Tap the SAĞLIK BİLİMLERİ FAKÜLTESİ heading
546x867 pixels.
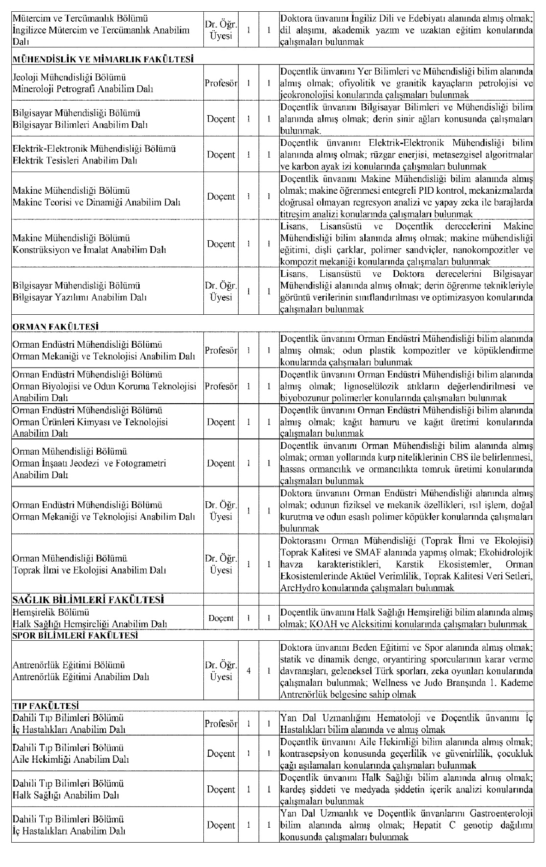pyautogui.click(x=88, y=600)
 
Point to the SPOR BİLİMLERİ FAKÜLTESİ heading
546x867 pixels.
pyautogui.click(x=75, y=635)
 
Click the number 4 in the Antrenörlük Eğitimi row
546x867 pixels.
pyautogui.click(x=249, y=671)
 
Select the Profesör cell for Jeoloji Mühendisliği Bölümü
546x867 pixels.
pyautogui.click(x=221, y=83)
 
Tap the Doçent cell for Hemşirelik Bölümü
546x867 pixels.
pyautogui.click(x=221, y=618)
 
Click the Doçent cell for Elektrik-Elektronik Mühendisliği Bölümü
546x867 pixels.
pyautogui.click(x=221, y=154)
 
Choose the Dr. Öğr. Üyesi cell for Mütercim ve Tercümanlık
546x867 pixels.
pyautogui.click(x=221, y=30)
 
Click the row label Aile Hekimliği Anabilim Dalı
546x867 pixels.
pyautogui.click(x=71, y=760)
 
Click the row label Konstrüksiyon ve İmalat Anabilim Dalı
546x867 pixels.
pyautogui.click(x=89, y=250)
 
